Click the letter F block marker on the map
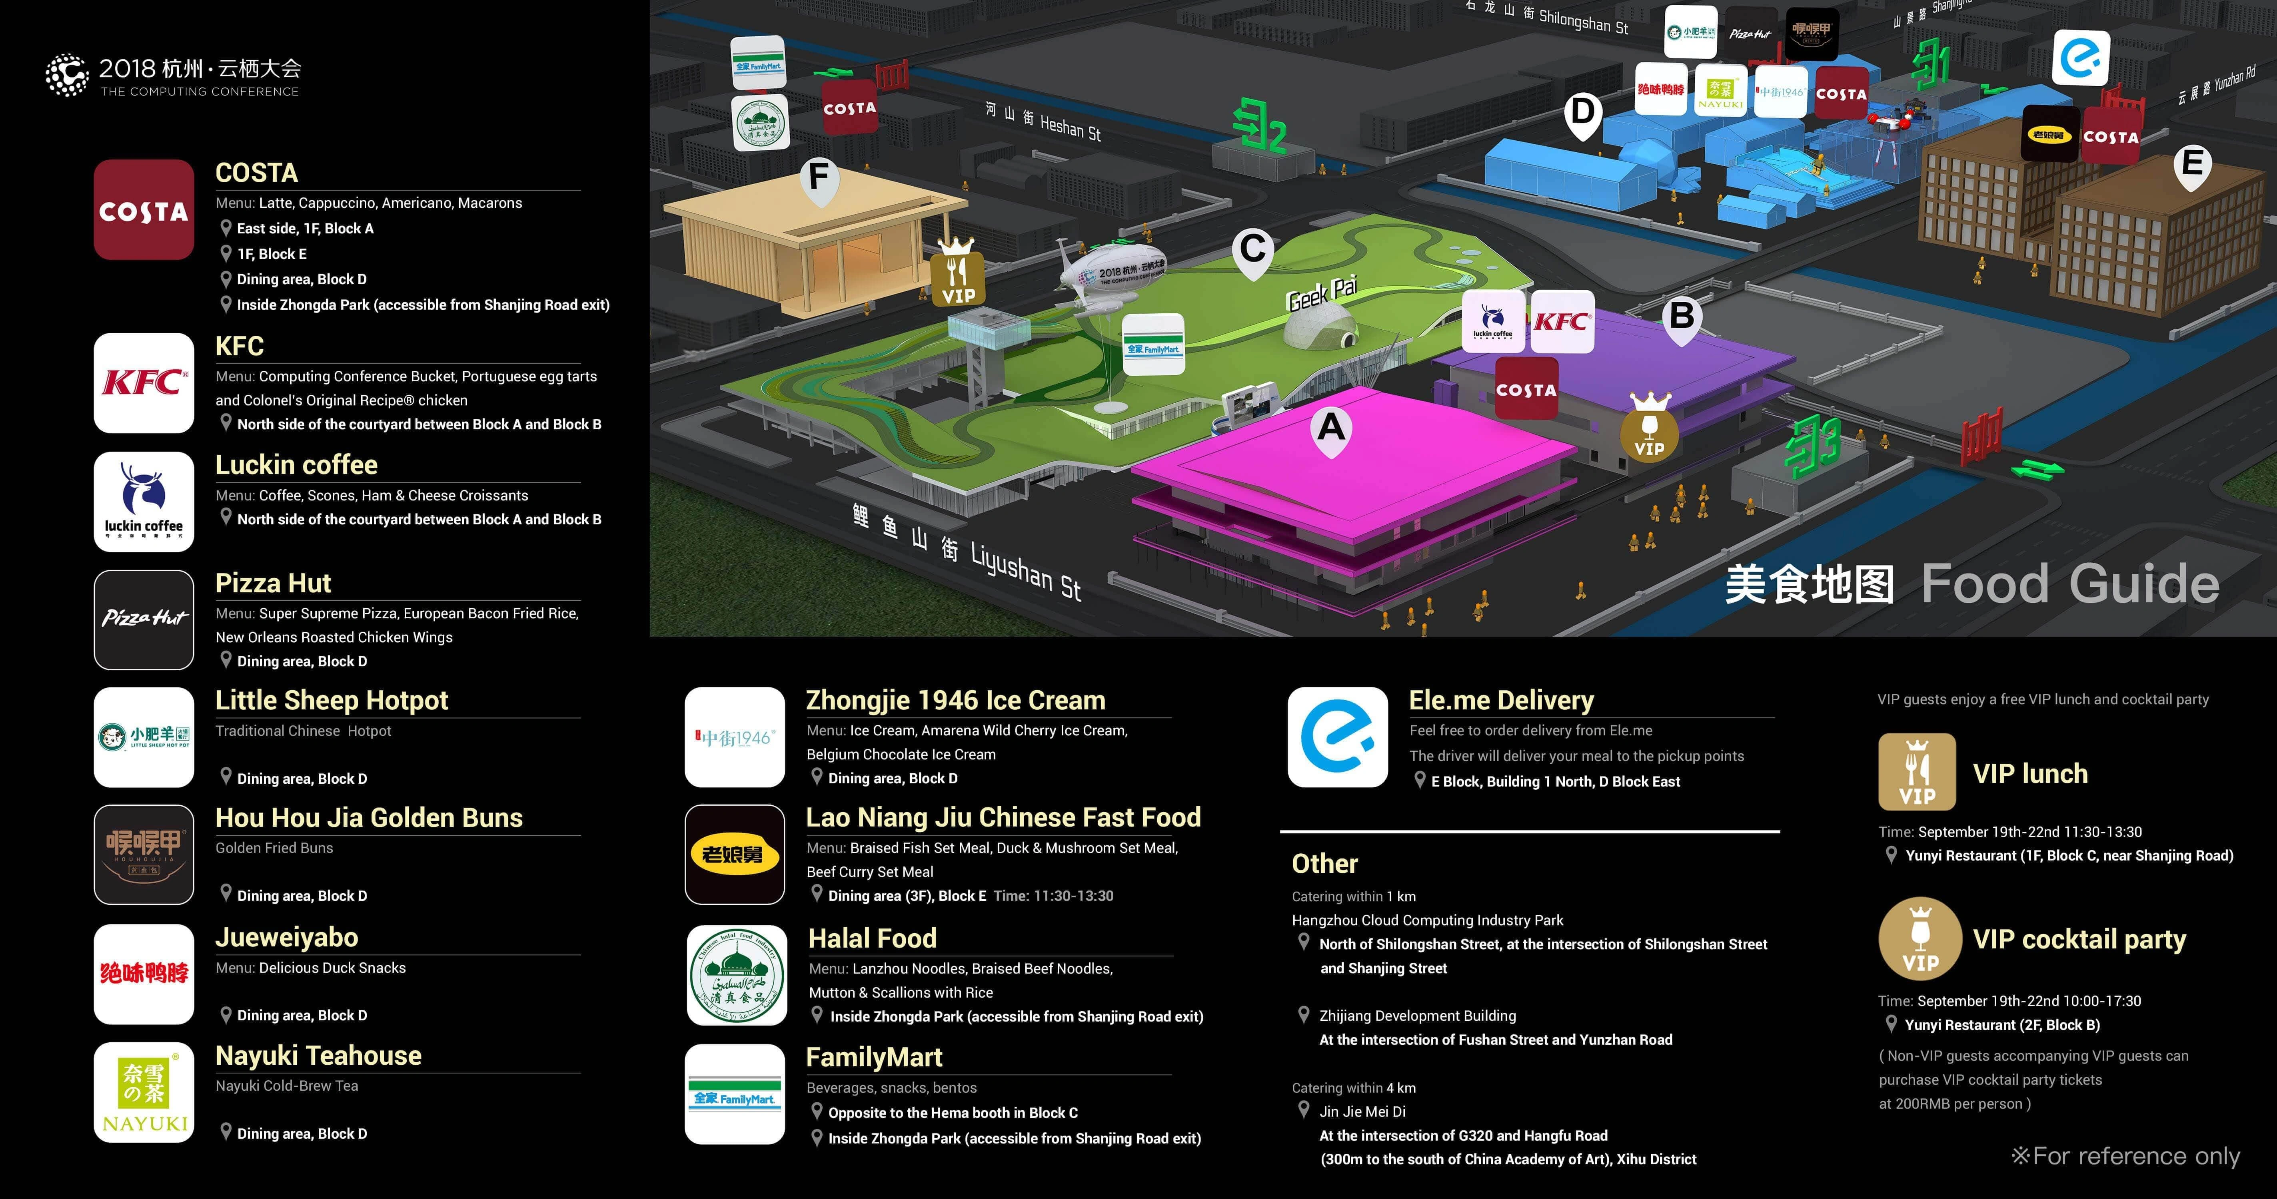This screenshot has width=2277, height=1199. coord(819,177)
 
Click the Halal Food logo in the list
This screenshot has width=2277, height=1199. coord(736,976)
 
